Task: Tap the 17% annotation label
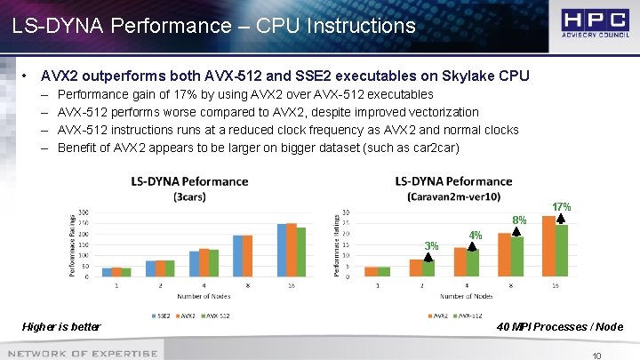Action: [562, 206]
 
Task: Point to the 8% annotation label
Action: [521, 220]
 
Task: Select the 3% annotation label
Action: [430, 245]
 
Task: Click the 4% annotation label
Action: [476, 235]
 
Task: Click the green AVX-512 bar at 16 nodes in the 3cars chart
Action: [300, 252]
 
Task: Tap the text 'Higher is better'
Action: [61, 327]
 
